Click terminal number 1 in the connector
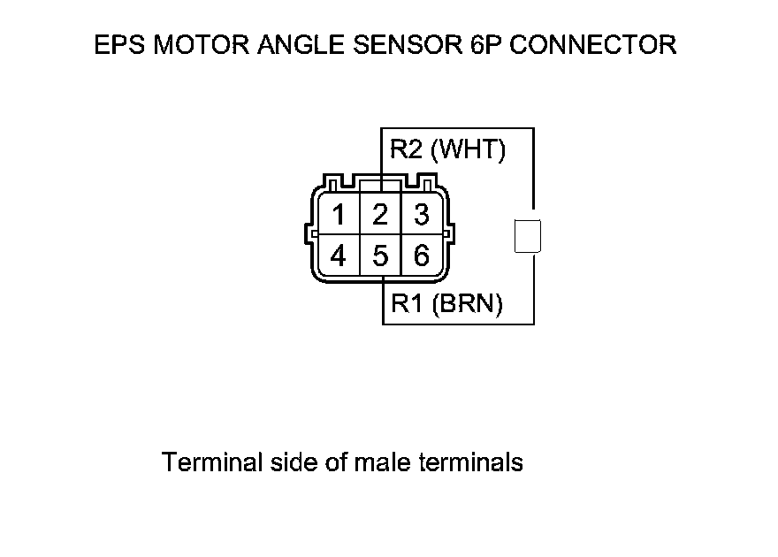(x=338, y=215)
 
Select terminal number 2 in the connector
(x=380, y=215)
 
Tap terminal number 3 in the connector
(x=422, y=215)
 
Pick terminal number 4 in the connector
(x=338, y=256)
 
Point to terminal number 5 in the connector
(x=380, y=256)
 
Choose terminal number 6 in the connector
(x=422, y=256)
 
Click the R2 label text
(x=408, y=149)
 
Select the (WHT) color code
(x=468, y=149)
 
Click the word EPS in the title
(x=118, y=44)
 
